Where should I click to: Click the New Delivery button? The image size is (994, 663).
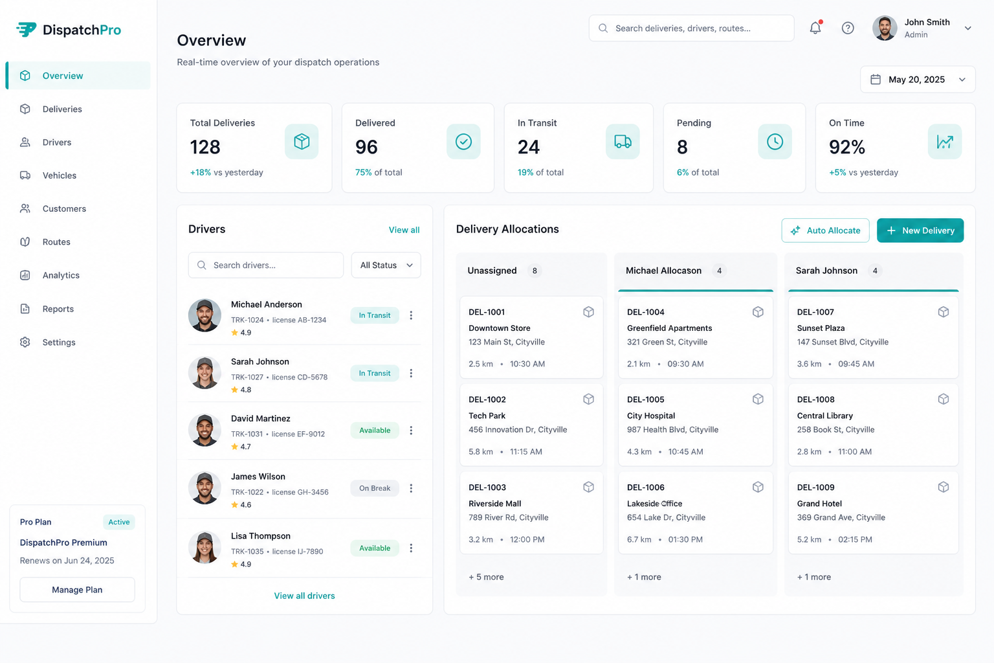(920, 230)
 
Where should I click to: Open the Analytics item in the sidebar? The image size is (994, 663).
(61, 275)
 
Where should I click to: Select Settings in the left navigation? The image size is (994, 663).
(59, 343)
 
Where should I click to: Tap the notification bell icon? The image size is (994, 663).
(815, 28)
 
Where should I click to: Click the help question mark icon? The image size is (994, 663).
(848, 28)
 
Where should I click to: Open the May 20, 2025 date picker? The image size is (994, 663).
(918, 80)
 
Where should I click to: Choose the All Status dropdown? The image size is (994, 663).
(386, 265)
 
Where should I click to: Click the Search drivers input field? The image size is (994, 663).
(266, 265)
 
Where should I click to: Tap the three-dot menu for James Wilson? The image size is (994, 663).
(411, 488)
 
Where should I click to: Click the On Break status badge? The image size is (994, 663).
(375, 488)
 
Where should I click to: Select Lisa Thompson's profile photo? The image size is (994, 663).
(204, 547)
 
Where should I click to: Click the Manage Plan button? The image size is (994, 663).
(77, 590)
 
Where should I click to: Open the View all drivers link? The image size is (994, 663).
(304, 596)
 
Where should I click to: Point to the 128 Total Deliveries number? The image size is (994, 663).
(205, 147)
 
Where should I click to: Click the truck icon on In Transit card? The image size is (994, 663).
(623, 142)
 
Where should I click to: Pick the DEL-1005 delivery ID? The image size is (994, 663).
(646, 399)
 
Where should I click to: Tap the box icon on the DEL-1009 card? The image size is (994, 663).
(944, 487)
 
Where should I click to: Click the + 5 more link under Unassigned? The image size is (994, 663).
(486, 577)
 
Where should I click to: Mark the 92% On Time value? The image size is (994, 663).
(846, 147)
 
